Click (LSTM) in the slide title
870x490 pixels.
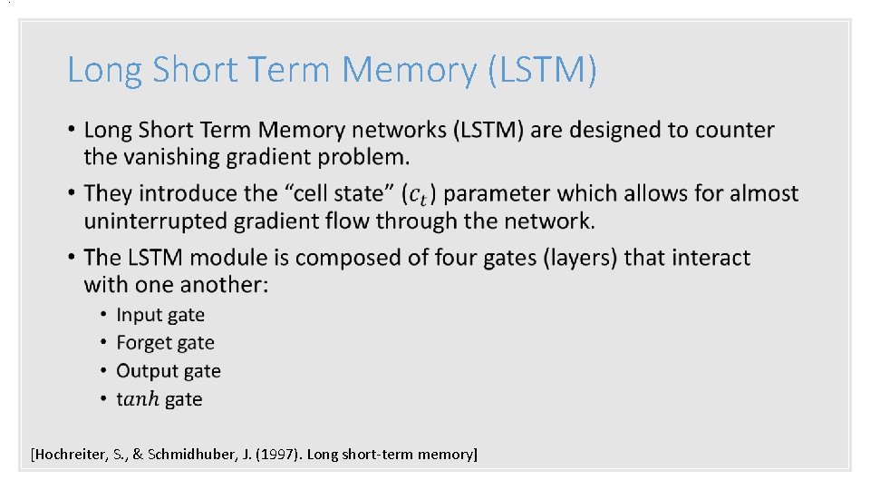542,70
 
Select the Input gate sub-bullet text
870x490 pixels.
160,315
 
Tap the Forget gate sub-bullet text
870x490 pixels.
165,343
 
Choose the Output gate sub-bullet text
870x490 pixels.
169,371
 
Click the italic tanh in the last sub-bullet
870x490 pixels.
138,399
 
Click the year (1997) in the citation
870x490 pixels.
276,454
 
